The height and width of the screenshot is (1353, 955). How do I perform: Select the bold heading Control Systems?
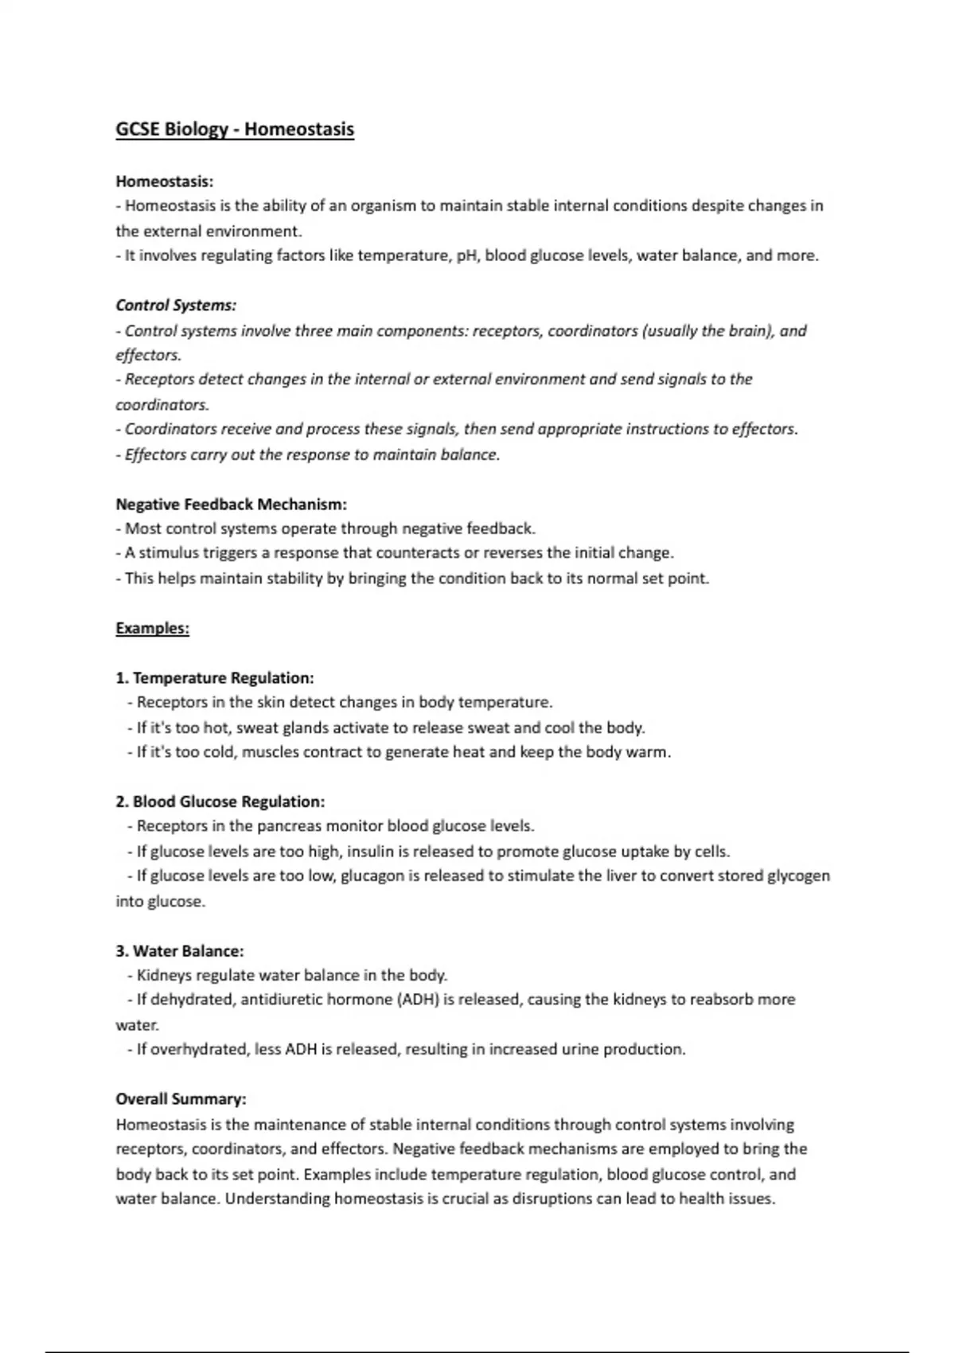tap(176, 305)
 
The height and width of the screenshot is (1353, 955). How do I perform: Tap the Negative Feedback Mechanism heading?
tap(231, 504)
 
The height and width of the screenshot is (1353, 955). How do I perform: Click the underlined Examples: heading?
tap(152, 628)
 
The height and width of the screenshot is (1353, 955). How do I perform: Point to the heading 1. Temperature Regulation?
tap(215, 678)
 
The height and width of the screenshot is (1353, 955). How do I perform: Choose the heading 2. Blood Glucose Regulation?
tap(220, 801)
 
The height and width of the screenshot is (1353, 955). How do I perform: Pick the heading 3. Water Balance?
tap(180, 950)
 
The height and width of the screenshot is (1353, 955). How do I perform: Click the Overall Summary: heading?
tap(181, 1099)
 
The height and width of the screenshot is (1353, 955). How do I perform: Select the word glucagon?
tap(372, 876)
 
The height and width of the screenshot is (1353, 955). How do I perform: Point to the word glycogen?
tap(797, 876)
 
